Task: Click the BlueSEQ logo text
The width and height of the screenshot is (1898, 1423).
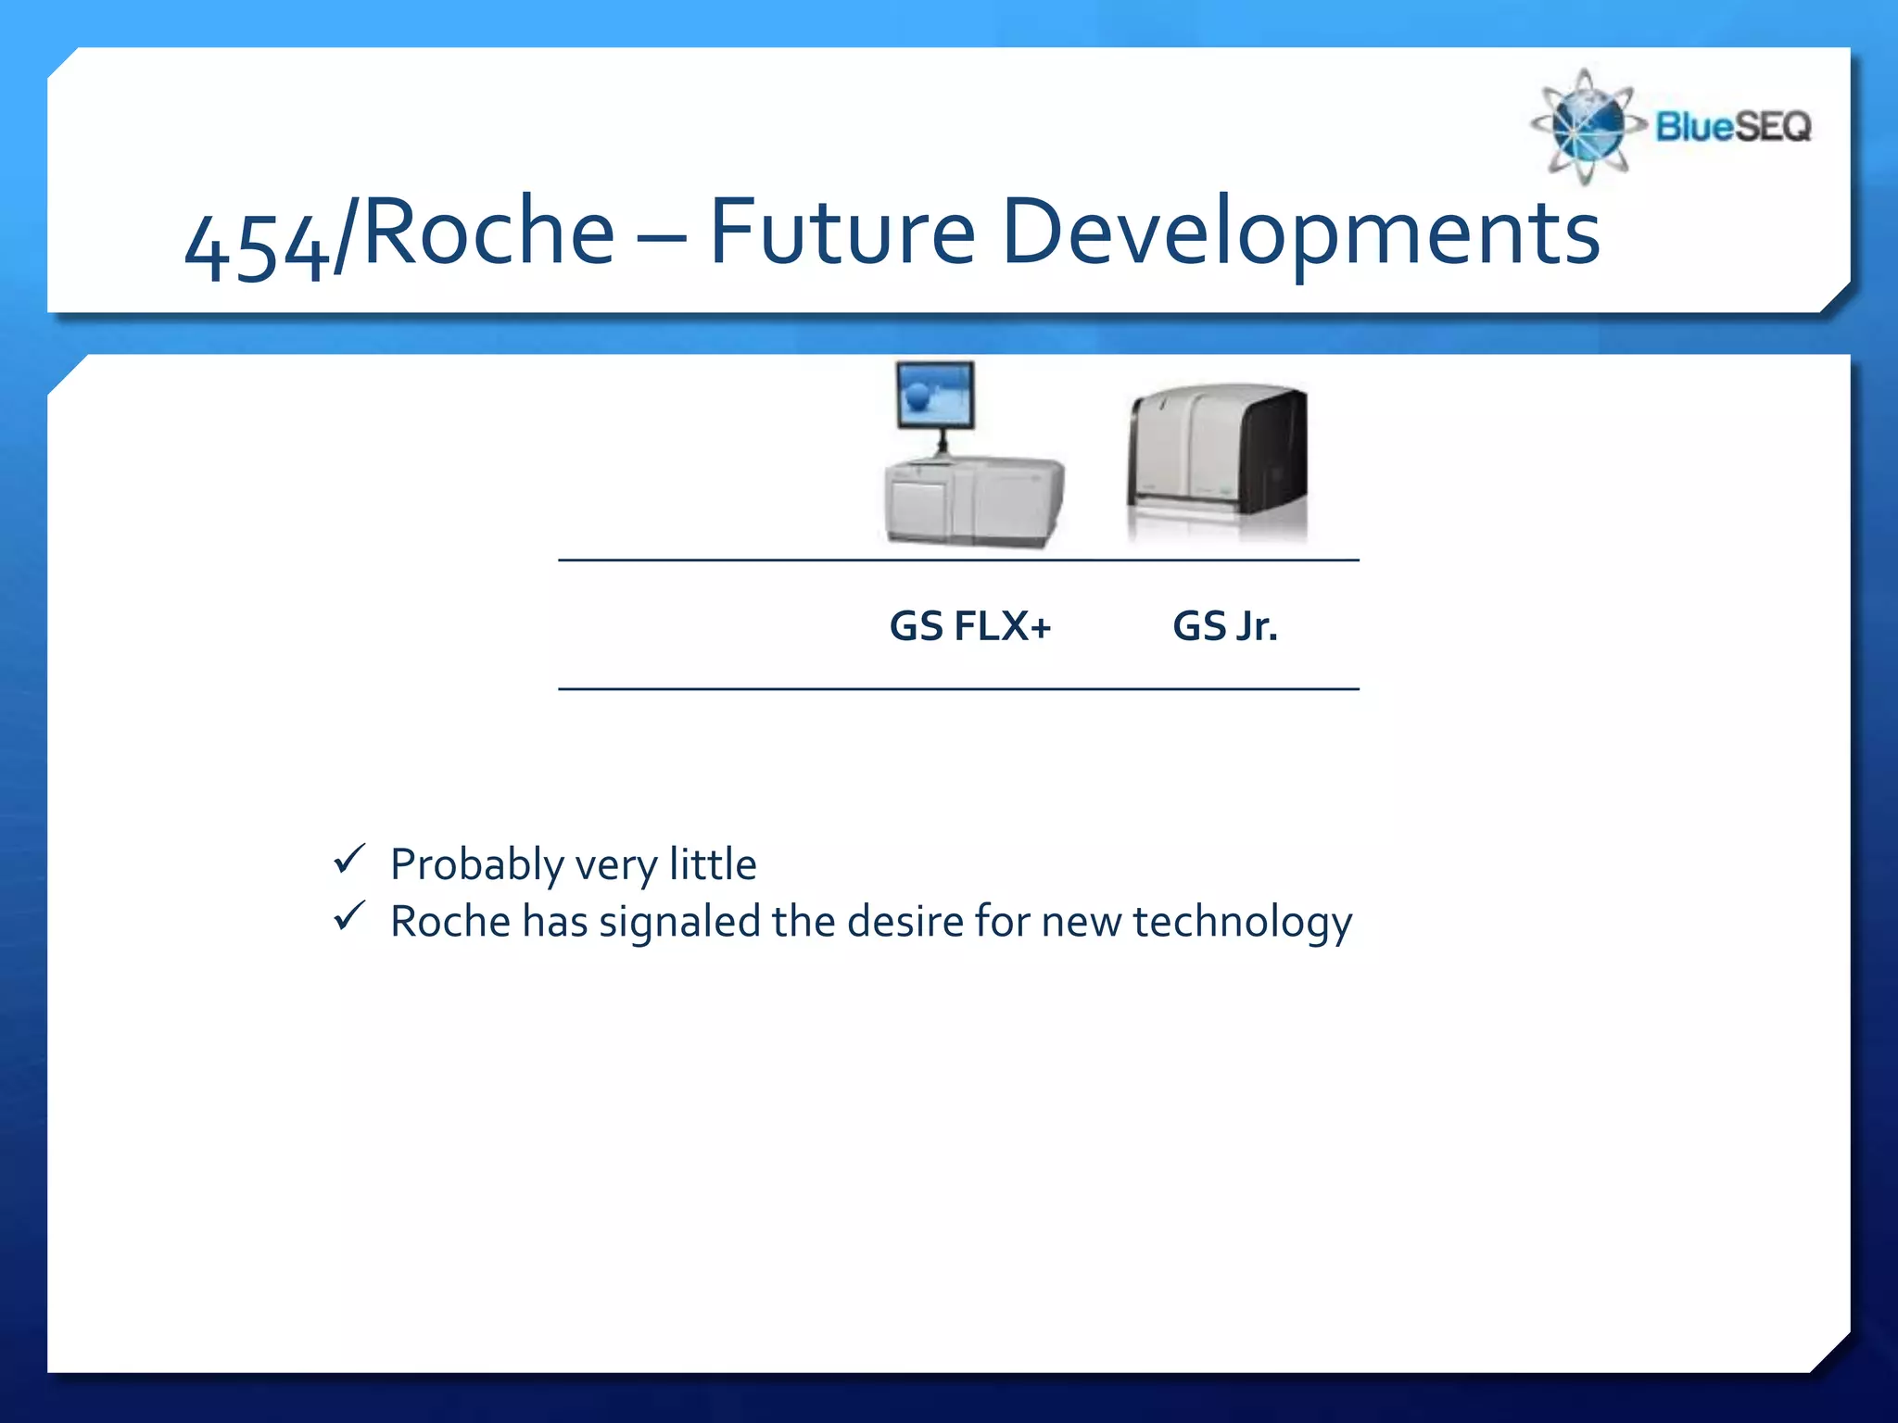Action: click(x=1732, y=126)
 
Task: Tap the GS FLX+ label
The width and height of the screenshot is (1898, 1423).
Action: click(x=969, y=626)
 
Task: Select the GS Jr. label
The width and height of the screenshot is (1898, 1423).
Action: click(x=1224, y=626)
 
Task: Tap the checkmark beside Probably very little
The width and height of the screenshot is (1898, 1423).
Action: click(x=349, y=860)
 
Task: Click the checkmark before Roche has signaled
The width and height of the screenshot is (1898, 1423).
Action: click(x=349, y=917)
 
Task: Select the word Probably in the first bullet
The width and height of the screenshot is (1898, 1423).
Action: click(x=476, y=865)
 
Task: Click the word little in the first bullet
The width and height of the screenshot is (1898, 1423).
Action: click(x=712, y=863)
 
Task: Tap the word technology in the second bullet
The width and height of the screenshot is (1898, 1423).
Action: click(x=1241, y=923)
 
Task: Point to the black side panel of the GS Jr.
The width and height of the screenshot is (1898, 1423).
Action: click(x=1274, y=452)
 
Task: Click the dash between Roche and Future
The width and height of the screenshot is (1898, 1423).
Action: click(x=662, y=237)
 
